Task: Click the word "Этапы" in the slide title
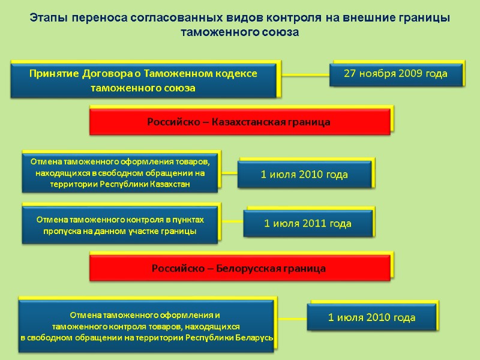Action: pos(47,18)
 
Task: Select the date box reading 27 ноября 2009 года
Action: pos(395,74)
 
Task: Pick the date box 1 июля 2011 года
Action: pos(307,224)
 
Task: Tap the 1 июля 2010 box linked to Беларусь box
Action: pos(371,317)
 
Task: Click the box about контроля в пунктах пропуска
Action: pos(120,225)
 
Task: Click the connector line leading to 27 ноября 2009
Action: pos(305,75)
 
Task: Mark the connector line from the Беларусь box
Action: pos(292,318)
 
